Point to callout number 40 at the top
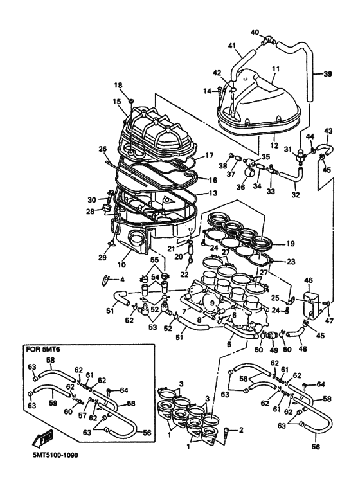255,32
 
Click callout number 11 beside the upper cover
276,68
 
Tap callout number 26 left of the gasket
102,150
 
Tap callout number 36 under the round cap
242,187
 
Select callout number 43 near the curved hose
328,131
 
